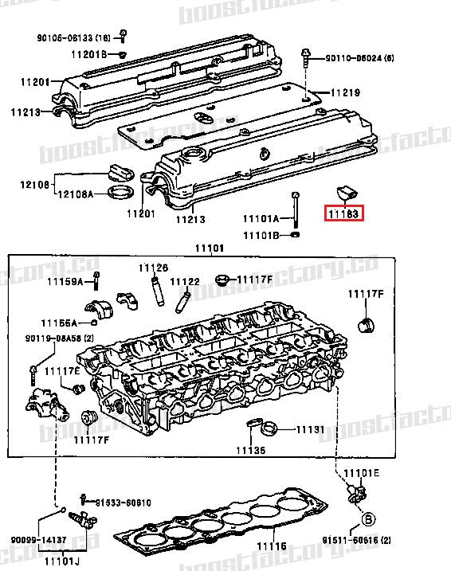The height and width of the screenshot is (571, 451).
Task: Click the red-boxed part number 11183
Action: [343, 213]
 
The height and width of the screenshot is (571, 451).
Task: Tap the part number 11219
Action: [344, 92]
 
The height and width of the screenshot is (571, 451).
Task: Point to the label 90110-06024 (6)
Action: [359, 58]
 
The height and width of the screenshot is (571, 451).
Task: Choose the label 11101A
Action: [261, 218]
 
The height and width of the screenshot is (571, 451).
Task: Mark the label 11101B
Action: [261, 235]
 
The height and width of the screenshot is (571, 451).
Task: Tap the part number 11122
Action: [184, 281]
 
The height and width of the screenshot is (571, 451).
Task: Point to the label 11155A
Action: [61, 323]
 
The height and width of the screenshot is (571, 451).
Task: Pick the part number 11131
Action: [310, 429]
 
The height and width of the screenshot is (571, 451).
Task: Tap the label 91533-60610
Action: [124, 503]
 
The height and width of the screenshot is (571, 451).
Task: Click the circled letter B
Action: [368, 520]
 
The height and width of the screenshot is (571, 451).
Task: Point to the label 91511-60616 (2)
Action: [358, 539]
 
